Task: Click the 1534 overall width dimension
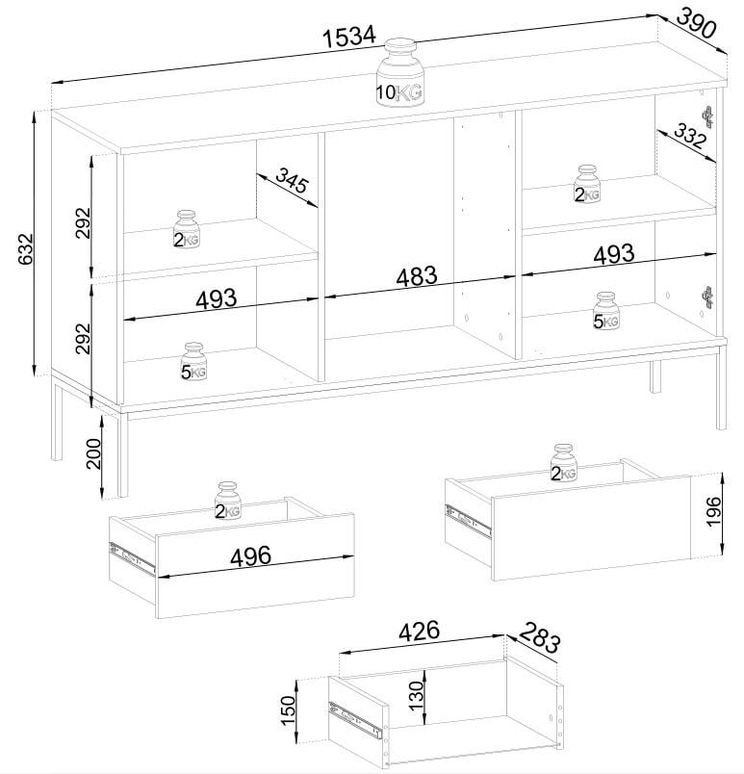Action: (347, 38)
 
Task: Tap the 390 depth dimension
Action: (697, 23)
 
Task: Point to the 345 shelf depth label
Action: (296, 180)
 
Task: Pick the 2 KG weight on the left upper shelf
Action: (187, 230)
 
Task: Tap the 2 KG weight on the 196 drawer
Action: (564, 464)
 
